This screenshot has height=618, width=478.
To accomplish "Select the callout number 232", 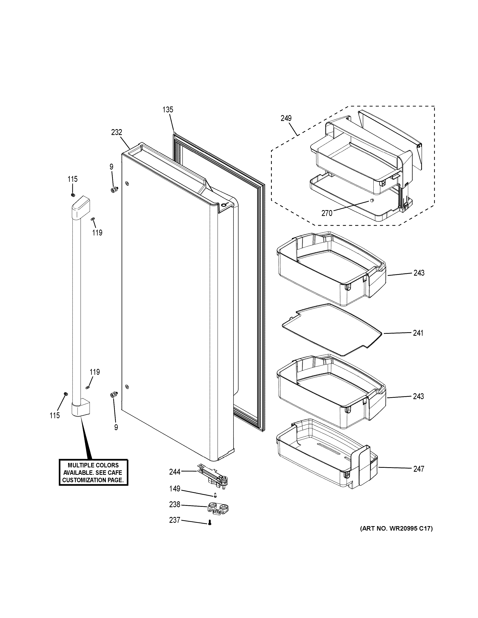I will click(x=116, y=132).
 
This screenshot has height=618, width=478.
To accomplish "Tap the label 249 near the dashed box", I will click(x=286, y=118).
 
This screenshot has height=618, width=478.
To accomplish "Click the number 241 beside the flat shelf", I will click(x=418, y=333).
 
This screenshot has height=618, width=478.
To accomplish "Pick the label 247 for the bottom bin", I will click(x=418, y=469).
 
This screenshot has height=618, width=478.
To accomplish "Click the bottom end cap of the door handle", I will click(x=80, y=408).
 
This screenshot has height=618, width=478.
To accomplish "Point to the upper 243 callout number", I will click(x=418, y=273).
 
